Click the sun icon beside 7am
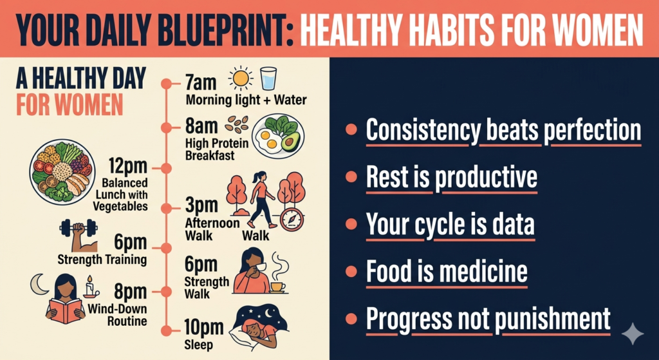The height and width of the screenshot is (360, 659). (241, 78)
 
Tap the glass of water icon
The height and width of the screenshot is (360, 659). (268, 78)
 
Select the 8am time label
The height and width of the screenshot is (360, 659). (201, 127)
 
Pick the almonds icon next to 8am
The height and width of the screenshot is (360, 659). (237, 124)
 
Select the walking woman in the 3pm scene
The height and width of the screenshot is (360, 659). (261, 200)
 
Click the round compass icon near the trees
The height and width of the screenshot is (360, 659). (292, 219)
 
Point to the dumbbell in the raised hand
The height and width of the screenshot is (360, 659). (78, 227)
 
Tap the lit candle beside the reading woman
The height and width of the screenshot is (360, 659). (90, 288)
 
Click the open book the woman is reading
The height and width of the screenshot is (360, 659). (66, 310)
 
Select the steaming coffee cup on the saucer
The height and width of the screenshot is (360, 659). (277, 287)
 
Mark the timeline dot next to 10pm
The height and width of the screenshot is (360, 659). (167, 331)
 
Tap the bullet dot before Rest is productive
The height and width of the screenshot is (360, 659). (350, 178)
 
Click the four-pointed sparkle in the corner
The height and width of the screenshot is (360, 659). (632, 334)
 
